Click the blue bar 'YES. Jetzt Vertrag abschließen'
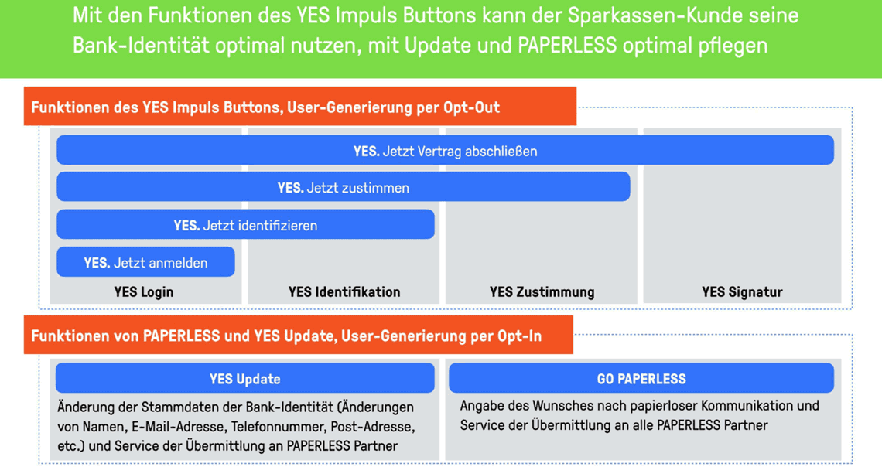coord(445,150)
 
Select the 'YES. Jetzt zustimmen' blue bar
coord(343,186)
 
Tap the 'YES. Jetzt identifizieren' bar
coord(245,224)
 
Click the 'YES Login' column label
coord(144,291)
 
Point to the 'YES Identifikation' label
coord(344,291)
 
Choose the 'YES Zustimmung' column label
coord(542,291)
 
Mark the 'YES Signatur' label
coord(742,291)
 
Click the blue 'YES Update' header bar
coord(244,378)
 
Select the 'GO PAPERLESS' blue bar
coord(641,378)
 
